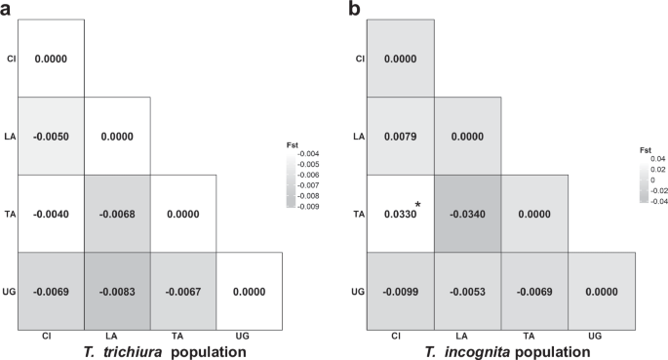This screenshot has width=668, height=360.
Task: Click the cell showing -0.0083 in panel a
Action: pos(117,292)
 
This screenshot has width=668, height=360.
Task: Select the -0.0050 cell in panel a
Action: pos(51,136)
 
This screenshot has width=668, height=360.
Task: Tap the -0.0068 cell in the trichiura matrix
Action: pos(117,214)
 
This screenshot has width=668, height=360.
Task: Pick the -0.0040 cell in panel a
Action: pos(51,214)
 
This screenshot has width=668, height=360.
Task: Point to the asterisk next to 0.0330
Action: pos(418,205)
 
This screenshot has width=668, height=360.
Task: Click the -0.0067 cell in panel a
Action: pos(183,292)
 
